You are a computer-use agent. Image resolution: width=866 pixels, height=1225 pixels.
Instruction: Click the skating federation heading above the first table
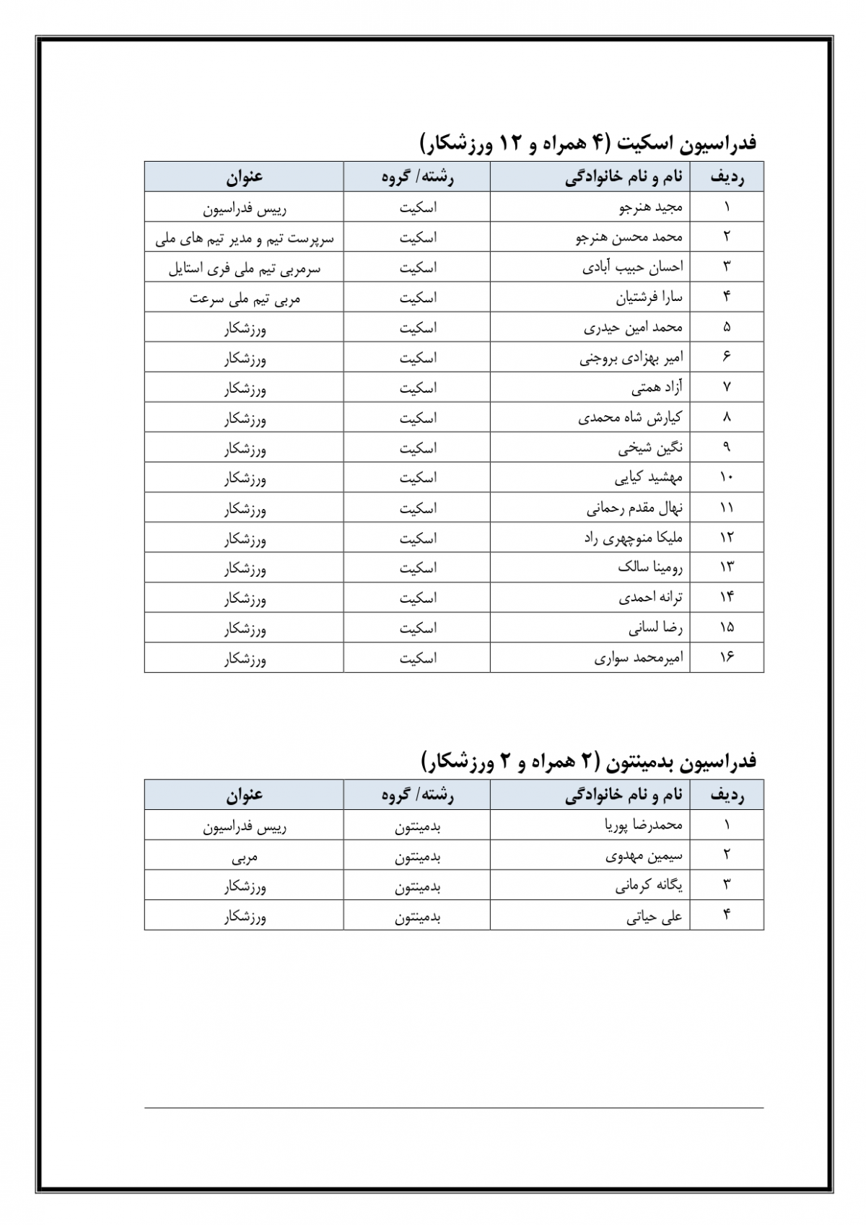pyautogui.click(x=588, y=142)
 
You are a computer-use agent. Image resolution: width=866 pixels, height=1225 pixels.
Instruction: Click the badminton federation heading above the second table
pyautogui.click(x=588, y=760)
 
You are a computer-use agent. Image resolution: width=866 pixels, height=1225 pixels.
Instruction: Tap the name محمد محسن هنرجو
pyautogui.click(x=629, y=237)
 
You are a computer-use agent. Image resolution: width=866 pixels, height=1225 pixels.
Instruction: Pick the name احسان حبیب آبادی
pyautogui.click(x=632, y=267)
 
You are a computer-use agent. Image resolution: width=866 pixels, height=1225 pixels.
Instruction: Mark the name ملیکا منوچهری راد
pyautogui.click(x=633, y=539)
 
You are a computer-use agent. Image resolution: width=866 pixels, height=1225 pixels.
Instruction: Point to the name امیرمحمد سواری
pyautogui.click(x=638, y=658)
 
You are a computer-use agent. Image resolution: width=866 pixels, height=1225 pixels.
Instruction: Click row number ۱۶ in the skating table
pyautogui.click(x=726, y=658)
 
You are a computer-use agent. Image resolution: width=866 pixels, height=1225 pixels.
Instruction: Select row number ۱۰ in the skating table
pyautogui.click(x=726, y=477)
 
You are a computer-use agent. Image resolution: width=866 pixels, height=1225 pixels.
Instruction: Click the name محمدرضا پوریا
pyautogui.click(x=643, y=824)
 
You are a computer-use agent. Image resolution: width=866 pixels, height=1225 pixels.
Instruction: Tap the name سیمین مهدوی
pyautogui.click(x=643, y=855)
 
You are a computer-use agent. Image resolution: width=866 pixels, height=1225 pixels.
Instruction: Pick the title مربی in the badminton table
pyautogui.click(x=244, y=857)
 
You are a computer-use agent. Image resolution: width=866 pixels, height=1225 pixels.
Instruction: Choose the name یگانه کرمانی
pyautogui.click(x=648, y=886)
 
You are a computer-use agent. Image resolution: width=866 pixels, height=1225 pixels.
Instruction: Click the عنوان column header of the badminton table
pyautogui.click(x=244, y=795)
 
